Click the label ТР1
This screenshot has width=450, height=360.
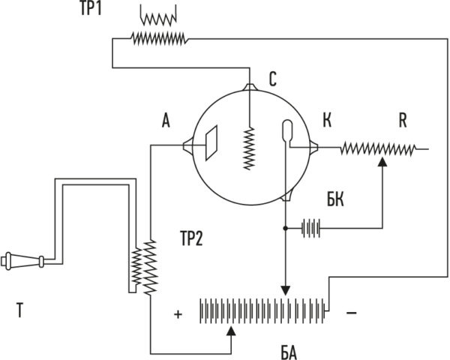pos(91,9)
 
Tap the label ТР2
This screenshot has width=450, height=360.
pos(191,238)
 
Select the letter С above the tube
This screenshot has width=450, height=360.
pos(273,79)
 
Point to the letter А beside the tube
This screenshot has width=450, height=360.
pos(166,121)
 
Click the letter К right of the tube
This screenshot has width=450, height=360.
pos(327,120)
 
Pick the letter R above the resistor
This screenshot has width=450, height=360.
pos(403,121)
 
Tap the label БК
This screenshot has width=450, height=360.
pos(335,199)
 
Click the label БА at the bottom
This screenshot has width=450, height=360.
pos(289,353)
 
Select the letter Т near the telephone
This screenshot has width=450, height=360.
pos(19,310)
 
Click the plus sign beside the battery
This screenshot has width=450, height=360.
pos(178,314)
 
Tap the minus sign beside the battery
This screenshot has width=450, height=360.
pos(352,312)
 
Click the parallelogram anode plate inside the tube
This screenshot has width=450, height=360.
pos(211,142)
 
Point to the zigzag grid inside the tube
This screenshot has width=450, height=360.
pos(249,148)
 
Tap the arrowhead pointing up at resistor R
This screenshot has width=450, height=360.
pos(382,162)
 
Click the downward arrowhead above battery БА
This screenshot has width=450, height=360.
pos(285,290)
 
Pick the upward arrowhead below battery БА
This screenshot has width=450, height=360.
pos(231,331)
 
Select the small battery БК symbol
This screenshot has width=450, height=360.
pos(310,228)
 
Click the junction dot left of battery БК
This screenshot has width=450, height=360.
pos(285,228)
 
